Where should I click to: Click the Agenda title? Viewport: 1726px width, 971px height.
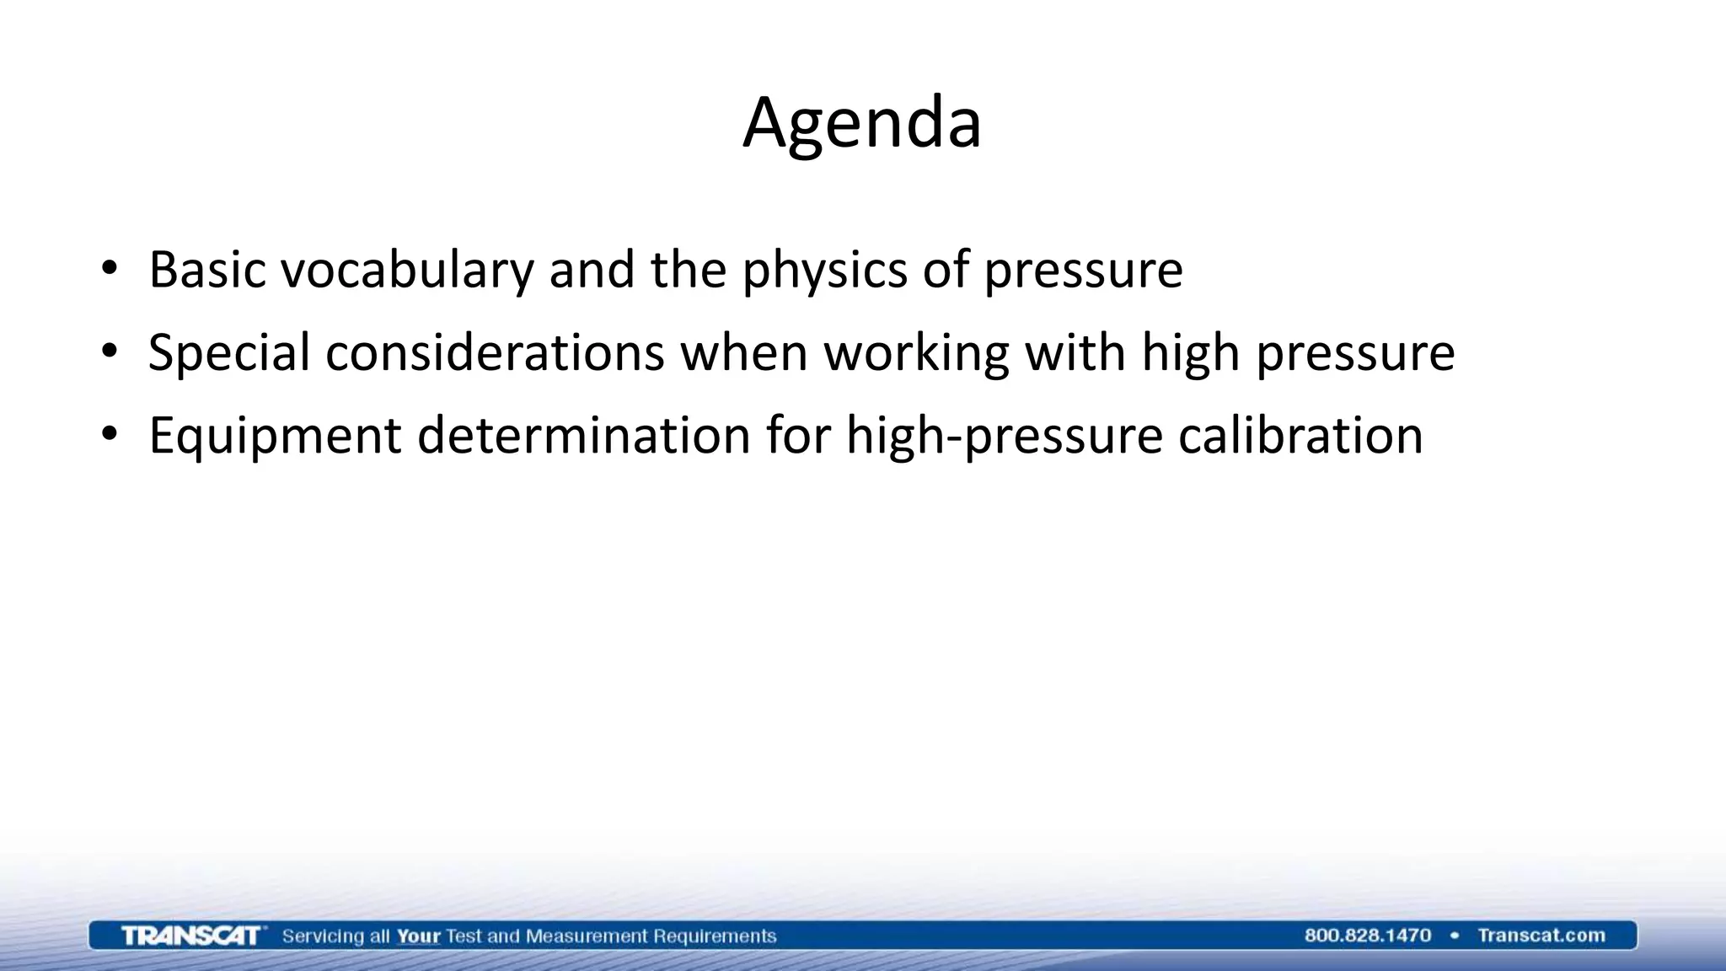coord(862,123)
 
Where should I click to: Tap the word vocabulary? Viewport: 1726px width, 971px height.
coord(407,270)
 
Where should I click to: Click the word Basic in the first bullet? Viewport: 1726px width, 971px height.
coord(207,270)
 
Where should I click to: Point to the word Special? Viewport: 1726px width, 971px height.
coord(229,352)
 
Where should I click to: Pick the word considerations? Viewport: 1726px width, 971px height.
coord(496,352)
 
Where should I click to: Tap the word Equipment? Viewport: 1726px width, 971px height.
coord(275,436)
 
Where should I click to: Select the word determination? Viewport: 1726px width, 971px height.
coord(583,436)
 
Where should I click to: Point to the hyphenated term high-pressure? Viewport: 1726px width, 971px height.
coord(1004,436)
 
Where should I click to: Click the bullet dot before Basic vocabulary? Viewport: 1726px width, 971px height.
coord(109,270)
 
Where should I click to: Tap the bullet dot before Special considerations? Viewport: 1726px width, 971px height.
coord(109,352)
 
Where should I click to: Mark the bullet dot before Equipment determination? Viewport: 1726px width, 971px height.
coord(109,436)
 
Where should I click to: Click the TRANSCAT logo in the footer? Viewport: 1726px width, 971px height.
coord(190,936)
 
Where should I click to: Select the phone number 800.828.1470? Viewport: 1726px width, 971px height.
coord(1367,936)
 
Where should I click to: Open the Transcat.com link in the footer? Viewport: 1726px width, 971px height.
coord(1541,936)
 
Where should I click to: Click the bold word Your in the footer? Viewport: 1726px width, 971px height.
coord(418,936)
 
